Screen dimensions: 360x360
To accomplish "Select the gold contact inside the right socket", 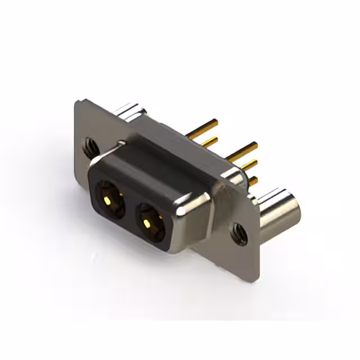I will (x=147, y=223).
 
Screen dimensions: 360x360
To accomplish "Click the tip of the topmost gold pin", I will (x=216, y=121).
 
